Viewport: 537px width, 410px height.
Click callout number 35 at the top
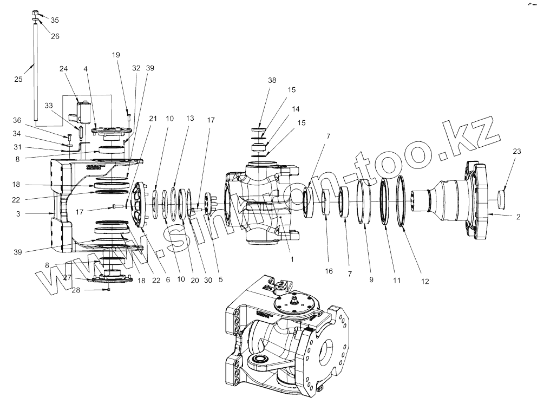click(55, 20)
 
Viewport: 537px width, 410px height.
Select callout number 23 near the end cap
click(517, 152)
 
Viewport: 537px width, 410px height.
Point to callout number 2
click(518, 217)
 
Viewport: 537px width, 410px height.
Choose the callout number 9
click(371, 280)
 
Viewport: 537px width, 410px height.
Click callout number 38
click(272, 80)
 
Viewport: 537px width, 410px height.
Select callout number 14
click(296, 108)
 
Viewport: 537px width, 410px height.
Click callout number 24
click(64, 69)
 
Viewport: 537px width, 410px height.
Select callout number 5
click(220, 279)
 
